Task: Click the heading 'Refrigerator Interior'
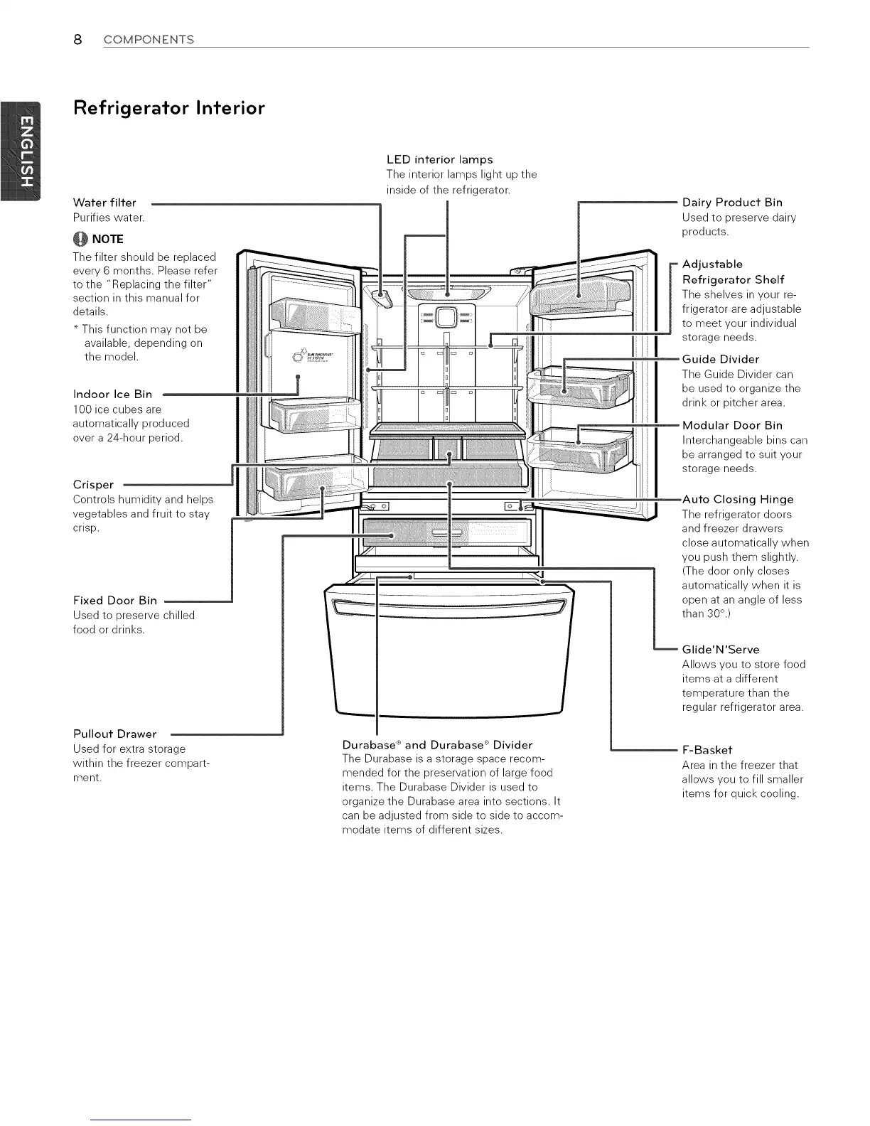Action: point(168,109)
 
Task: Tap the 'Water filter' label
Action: point(104,203)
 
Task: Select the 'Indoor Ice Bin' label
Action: point(112,395)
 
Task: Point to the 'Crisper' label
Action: point(93,485)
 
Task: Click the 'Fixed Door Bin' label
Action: point(114,601)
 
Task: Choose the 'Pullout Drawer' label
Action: point(114,734)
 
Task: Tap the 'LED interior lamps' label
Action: point(439,159)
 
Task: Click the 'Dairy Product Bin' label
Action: point(732,203)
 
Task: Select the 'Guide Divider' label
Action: point(720,359)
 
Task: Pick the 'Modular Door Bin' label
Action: point(732,425)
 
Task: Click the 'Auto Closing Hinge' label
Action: point(737,499)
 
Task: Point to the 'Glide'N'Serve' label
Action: point(720,649)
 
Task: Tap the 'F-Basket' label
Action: point(707,750)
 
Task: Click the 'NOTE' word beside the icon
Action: point(107,239)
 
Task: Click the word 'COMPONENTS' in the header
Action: point(149,40)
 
